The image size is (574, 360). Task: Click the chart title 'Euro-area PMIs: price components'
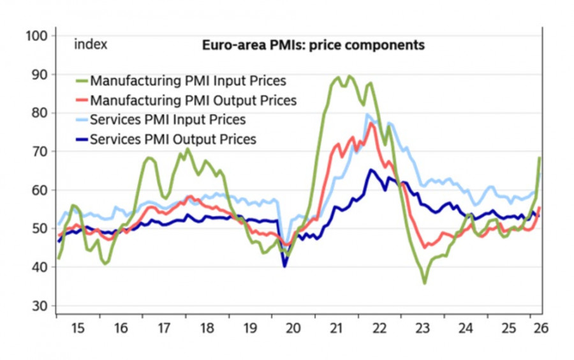[x=313, y=45]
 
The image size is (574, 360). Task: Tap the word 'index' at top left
[x=91, y=45]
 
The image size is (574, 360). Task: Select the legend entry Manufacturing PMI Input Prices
[x=188, y=81]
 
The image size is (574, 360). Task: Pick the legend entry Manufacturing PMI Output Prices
[x=193, y=100]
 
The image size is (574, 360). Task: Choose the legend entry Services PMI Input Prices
[x=168, y=119]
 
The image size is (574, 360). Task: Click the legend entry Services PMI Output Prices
[x=173, y=139]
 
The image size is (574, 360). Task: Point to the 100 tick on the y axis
[x=37, y=36]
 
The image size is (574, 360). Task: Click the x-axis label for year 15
[x=78, y=328]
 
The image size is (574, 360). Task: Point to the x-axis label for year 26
[x=541, y=328]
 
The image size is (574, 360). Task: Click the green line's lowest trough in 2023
[x=425, y=283]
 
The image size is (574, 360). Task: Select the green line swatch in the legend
[x=81, y=81]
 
